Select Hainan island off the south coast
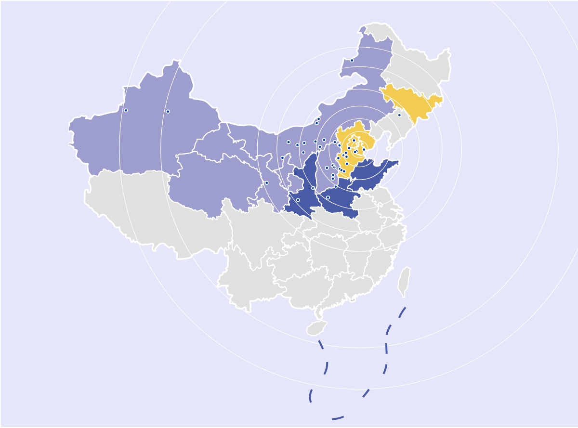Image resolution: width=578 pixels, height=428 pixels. tap(316, 328)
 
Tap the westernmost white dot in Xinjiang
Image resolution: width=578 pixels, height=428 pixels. tap(126, 110)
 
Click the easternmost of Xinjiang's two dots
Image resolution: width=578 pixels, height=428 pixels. tap(168, 112)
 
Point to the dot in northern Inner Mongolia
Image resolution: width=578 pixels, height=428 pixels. tap(352, 60)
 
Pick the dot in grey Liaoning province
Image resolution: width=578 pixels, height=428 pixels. tap(399, 115)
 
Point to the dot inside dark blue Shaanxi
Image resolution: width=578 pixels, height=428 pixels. tap(298, 200)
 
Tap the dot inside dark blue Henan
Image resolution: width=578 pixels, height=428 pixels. tap(328, 197)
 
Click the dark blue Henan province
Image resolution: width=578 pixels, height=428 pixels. tap(337, 202)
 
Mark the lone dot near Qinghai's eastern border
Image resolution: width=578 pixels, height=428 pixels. tap(266, 183)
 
